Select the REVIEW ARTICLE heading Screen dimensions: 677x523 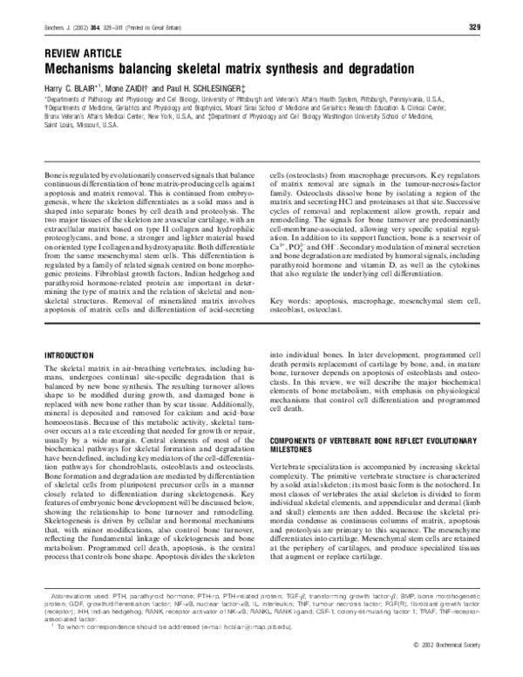(x=82, y=52)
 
